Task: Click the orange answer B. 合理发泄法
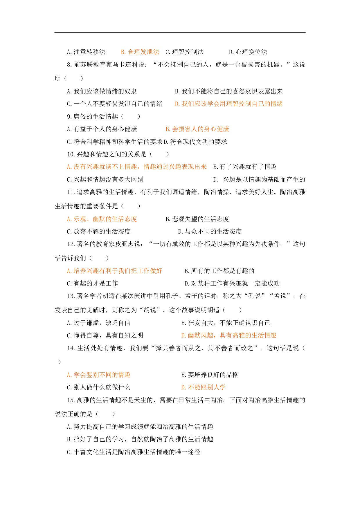(140, 52)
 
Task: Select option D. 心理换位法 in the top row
(248, 52)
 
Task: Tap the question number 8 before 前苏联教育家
(69, 65)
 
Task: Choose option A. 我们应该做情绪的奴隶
(102, 91)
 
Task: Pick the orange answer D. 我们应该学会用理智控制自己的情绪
(229, 104)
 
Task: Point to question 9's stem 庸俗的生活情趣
(96, 117)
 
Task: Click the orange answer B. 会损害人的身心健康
(197, 129)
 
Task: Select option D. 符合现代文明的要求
(195, 142)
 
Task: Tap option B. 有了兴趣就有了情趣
(245, 167)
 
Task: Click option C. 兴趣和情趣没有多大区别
(105, 180)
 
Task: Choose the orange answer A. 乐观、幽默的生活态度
(102, 219)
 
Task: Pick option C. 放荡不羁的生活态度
(99, 232)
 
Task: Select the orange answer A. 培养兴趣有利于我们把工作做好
(114, 271)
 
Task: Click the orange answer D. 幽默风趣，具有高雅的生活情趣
(229, 335)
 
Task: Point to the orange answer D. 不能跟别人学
(203, 387)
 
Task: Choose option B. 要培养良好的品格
(210, 375)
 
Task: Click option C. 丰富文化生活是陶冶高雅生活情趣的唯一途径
(134, 452)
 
